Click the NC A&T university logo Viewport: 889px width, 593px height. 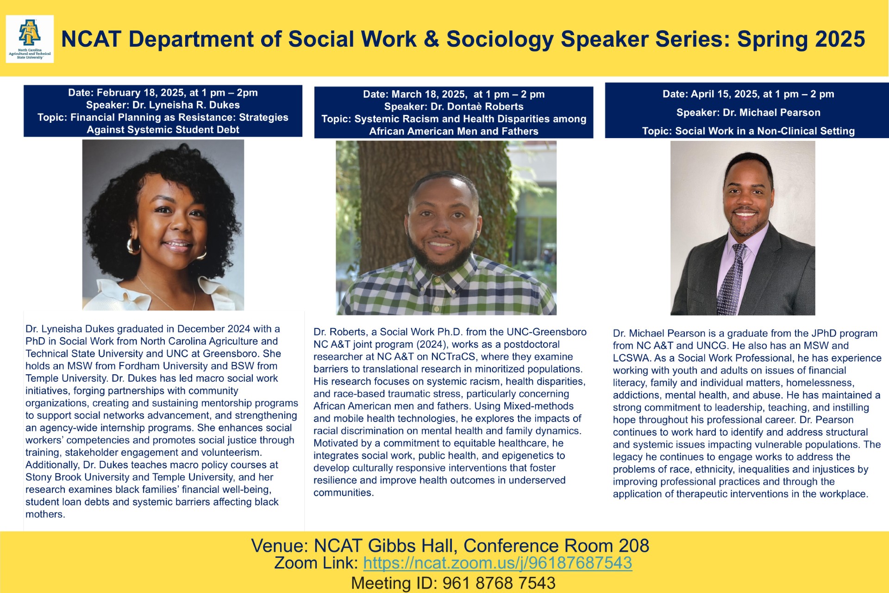tap(30, 38)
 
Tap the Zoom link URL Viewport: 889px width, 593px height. tap(497, 563)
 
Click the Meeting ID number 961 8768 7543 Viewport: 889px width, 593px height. tap(499, 583)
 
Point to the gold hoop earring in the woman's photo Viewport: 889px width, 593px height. tap(133, 245)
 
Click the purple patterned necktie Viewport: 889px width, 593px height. tap(732, 278)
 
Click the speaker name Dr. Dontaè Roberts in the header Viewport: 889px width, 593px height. tap(477, 107)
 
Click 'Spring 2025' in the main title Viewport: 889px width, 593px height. tap(801, 39)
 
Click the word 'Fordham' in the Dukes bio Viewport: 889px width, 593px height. tap(138, 366)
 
